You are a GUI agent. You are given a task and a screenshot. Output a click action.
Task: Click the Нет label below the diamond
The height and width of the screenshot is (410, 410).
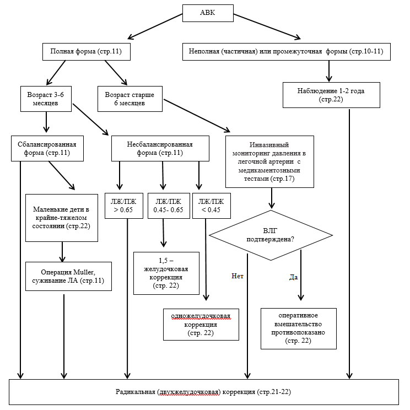coord(238,276)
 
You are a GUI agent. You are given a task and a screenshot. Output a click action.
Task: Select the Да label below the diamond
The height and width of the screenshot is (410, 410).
coord(293,277)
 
